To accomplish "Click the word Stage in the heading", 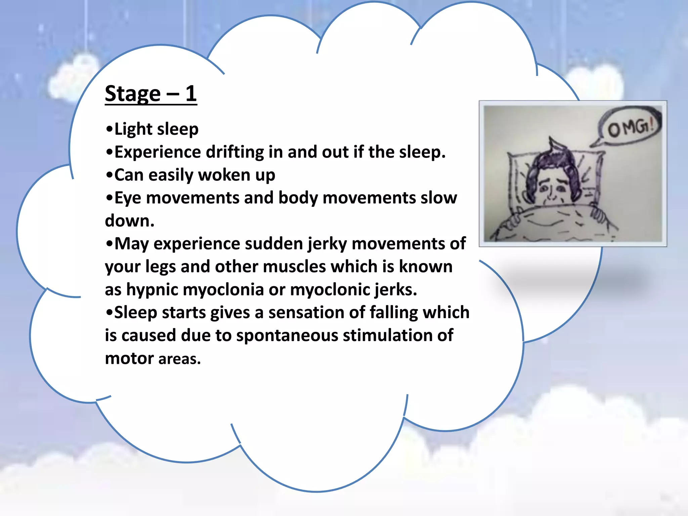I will (133, 94).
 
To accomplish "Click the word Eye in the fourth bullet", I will (127, 198).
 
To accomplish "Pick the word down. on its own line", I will (130, 221).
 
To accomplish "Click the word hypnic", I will (152, 290).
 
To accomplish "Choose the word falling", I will (393, 312).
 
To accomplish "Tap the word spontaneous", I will (287, 336).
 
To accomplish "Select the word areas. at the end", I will (179, 359).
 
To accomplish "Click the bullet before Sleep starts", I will (109, 312).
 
